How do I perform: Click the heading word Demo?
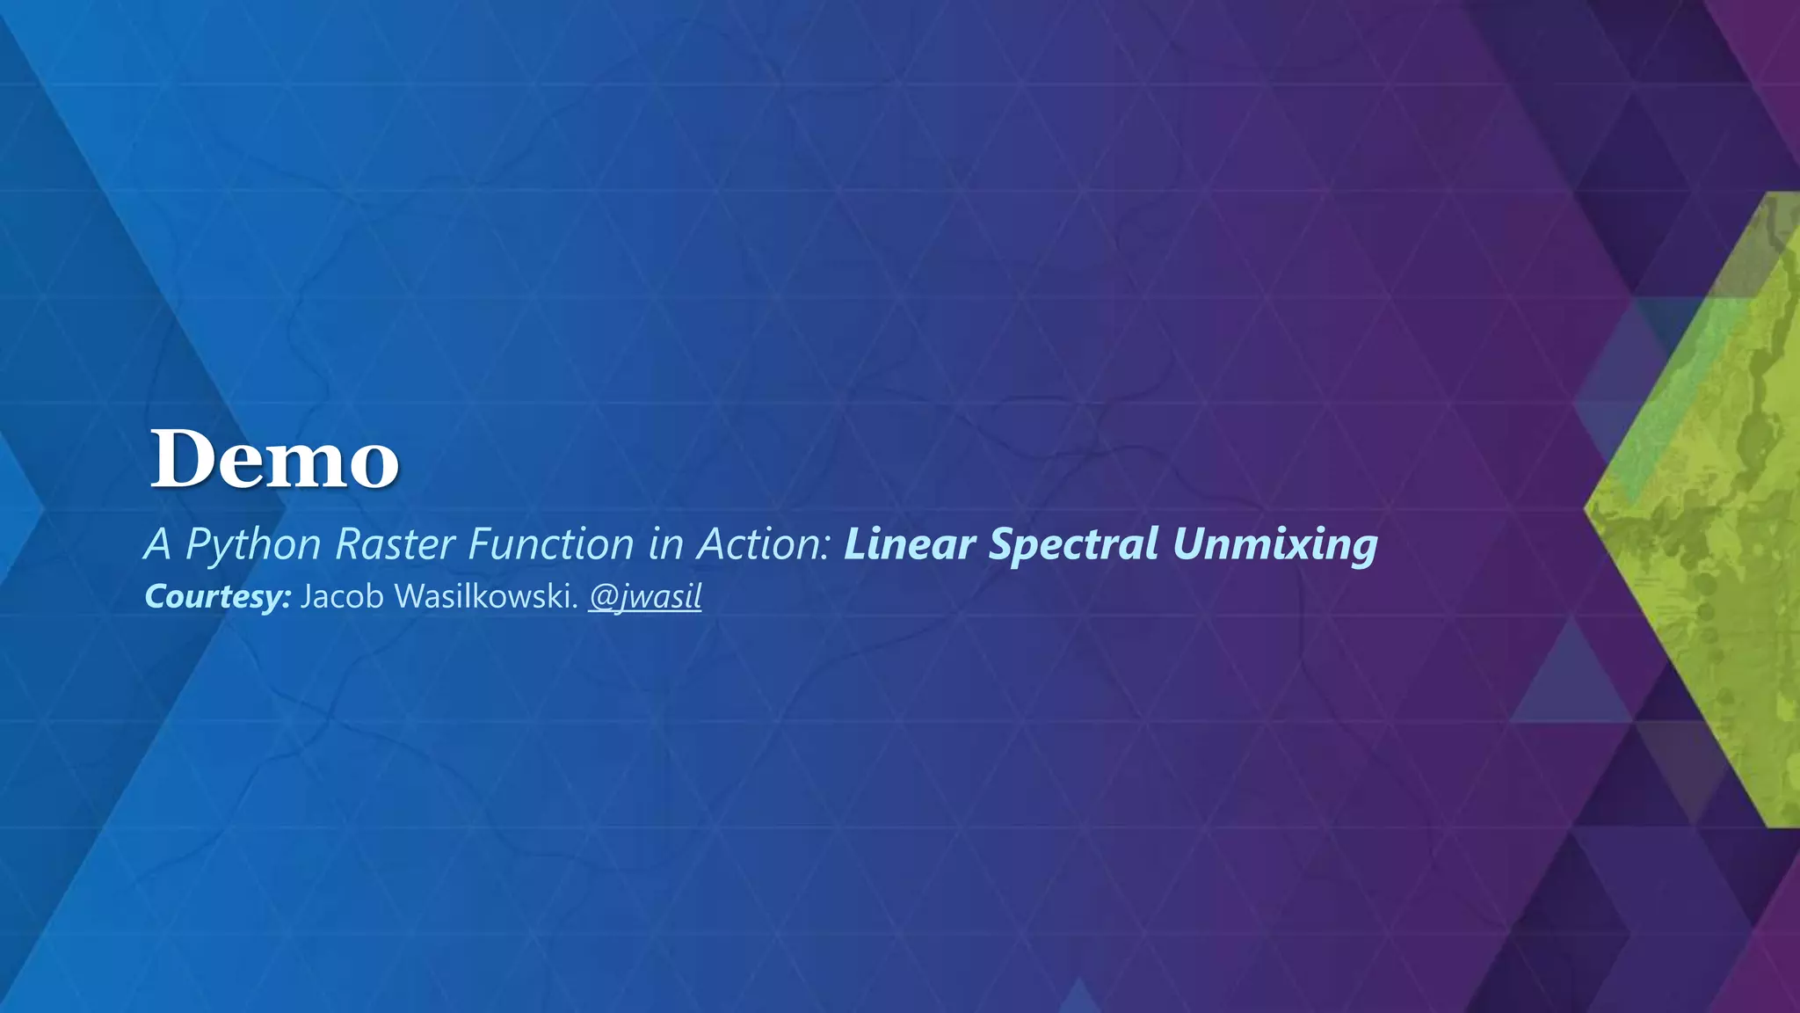click(274, 459)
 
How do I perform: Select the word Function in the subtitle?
click(551, 544)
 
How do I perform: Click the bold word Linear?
click(909, 544)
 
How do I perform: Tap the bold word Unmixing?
click(1274, 544)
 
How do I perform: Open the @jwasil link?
click(645, 597)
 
